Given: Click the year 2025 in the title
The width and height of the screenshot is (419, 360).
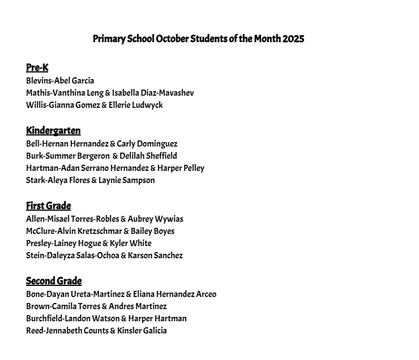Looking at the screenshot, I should point(293,39).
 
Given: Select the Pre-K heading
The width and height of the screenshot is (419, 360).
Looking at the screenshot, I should point(37,68).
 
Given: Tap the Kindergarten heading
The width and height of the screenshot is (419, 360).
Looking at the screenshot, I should point(53,131).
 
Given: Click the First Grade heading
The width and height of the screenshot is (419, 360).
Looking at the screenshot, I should point(49,206).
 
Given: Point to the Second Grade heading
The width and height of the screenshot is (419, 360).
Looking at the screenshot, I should point(54,281).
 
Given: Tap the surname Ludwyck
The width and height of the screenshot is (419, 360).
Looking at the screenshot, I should point(148,105).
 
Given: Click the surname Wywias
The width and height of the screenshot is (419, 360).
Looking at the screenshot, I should point(169,219).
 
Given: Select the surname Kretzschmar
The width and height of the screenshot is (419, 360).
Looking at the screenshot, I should point(99,231).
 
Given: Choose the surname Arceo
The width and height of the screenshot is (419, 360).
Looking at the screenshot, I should point(206,294).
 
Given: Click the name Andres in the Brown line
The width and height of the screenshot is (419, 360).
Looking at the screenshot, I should point(122,306).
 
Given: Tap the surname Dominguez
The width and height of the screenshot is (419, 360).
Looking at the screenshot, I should point(158,144).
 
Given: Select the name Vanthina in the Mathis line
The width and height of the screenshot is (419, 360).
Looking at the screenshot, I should point(67,93).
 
